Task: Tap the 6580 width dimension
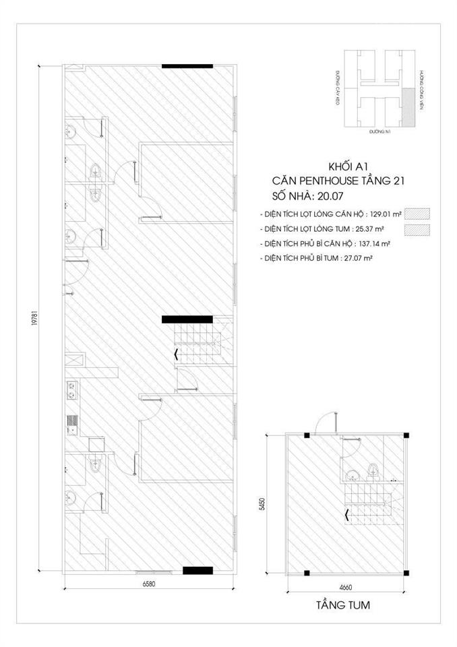point(149,584)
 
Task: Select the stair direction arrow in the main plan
point(177,353)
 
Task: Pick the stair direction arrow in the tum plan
point(346,516)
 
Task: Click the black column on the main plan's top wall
point(181,66)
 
